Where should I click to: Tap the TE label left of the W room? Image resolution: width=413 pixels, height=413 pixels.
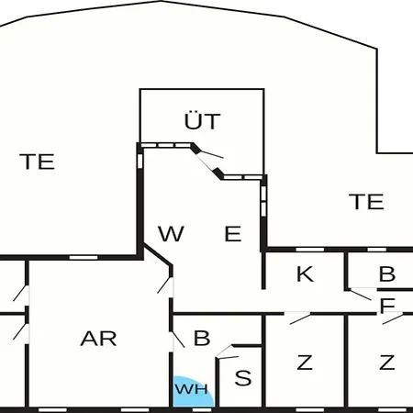(x=37, y=162)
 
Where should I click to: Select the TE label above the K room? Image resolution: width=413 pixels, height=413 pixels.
(x=366, y=201)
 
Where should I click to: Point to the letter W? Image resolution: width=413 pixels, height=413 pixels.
(x=171, y=233)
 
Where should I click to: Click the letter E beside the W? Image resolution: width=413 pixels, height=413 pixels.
(x=233, y=233)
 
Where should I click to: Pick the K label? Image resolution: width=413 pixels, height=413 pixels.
(x=305, y=273)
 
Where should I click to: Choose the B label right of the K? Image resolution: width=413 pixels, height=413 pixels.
(x=387, y=273)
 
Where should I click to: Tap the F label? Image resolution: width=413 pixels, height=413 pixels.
(x=387, y=305)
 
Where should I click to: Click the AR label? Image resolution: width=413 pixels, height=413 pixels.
(x=98, y=339)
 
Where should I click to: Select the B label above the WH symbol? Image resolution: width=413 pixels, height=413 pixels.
(x=202, y=338)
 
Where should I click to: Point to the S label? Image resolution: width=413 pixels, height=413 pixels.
(x=243, y=378)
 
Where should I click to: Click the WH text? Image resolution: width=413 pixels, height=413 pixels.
(x=192, y=389)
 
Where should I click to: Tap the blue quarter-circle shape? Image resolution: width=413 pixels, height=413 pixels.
(x=192, y=392)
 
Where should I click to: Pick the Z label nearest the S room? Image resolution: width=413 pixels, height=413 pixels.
(x=305, y=363)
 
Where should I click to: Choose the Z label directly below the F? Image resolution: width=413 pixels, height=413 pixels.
(x=387, y=363)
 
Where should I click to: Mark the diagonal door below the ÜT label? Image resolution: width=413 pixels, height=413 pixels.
(x=208, y=162)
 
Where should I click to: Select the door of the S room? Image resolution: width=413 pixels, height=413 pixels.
(x=227, y=352)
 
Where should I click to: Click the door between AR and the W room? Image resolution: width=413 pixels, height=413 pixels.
(x=165, y=286)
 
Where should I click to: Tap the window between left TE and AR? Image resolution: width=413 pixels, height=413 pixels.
(x=84, y=258)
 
